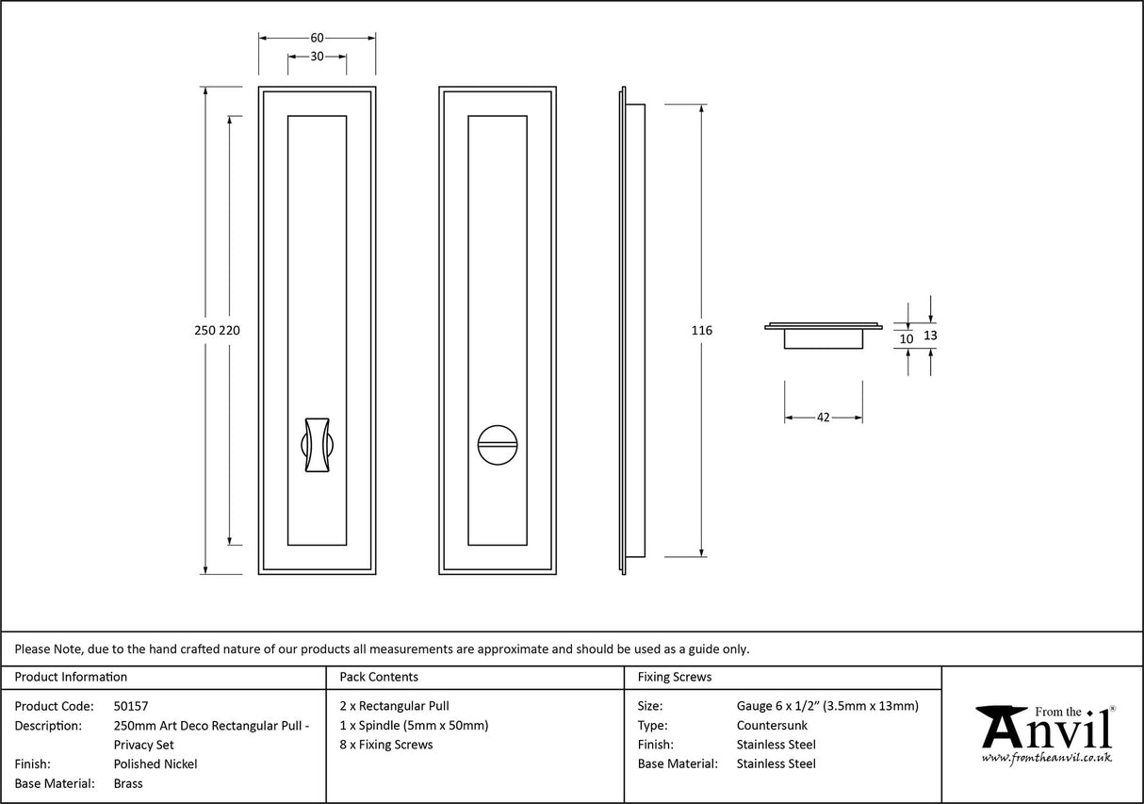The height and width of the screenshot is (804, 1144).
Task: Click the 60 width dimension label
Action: [x=317, y=38]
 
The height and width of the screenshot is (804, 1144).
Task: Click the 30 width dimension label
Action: [x=317, y=57]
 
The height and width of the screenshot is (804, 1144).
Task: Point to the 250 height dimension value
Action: [x=204, y=331]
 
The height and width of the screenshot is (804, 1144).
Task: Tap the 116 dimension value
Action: [x=701, y=331]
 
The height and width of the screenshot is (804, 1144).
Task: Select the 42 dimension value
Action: [x=823, y=417]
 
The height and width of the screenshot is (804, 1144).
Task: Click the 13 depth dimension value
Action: [x=930, y=335]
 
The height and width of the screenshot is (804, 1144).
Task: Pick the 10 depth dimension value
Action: [x=907, y=338]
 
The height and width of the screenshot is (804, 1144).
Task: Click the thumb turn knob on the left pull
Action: [x=316, y=441]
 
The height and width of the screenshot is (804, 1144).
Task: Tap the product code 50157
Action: [x=131, y=705]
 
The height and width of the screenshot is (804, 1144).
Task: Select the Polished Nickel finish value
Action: [x=155, y=764]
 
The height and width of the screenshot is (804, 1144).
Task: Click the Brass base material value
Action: [x=128, y=783]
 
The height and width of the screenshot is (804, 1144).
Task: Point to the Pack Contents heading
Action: [x=378, y=677]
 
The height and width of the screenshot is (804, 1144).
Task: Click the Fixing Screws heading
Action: [x=675, y=677]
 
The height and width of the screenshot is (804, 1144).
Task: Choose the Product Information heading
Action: [x=71, y=677]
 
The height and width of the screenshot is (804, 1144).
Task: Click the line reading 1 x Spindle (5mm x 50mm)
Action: [x=414, y=725]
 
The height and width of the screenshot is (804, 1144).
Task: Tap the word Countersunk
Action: [x=772, y=725]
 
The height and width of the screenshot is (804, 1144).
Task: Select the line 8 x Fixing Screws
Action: [x=385, y=745]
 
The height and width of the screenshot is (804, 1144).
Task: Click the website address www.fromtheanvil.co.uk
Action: [x=1046, y=757]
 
